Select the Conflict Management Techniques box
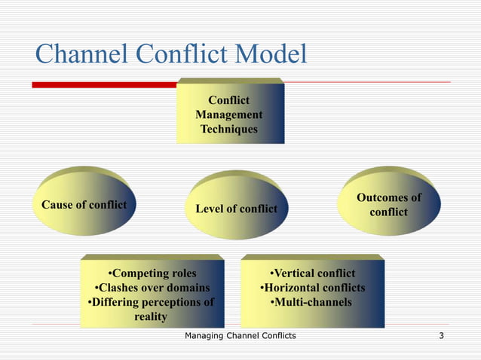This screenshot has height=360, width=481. tap(229, 114)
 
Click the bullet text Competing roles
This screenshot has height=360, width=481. tap(152, 273)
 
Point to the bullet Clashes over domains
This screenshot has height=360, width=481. tap(152, 288)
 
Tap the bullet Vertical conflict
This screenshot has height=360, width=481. tap(312, 273)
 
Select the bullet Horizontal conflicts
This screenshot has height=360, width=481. tap(312, 288)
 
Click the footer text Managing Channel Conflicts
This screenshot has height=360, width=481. tap(240, 335)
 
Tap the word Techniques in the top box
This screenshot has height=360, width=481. tap(229, 130)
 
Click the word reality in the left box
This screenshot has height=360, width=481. tap(150, 317)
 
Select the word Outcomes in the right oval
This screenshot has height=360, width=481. tap(388, 197)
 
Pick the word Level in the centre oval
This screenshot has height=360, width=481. tap(209, 209)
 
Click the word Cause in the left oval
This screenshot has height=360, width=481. tap(57, 205)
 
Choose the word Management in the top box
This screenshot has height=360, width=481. tap(229, 114)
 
